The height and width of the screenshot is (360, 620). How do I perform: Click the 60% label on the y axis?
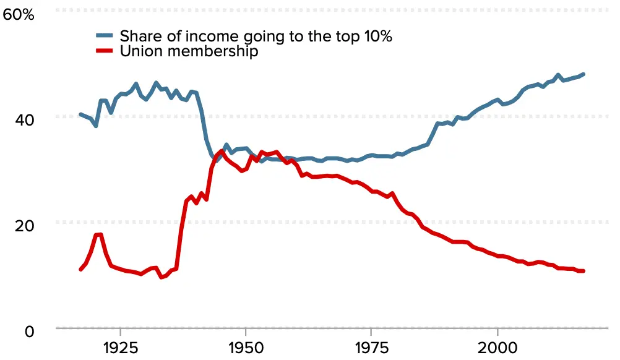click(19, 15)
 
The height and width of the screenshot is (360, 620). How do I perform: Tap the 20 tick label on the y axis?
click(23, 225)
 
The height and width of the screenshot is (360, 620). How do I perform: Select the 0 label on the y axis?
click(29, 331)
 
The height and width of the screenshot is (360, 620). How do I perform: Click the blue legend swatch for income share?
click(105, 36)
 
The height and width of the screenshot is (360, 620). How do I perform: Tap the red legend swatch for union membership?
click(105, 51)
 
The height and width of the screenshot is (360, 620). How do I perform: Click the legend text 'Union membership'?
click(189, 51)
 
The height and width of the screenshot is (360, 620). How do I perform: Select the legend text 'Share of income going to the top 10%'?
click(256, 36)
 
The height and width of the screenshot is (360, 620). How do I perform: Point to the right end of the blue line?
click(583, 74)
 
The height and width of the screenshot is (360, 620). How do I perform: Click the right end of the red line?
click(583, 271)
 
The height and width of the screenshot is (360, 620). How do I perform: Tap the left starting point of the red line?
click(80, 269)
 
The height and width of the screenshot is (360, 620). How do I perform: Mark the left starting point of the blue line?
click(80, 114)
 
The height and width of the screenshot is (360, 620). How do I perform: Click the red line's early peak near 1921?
click(99, 234)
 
